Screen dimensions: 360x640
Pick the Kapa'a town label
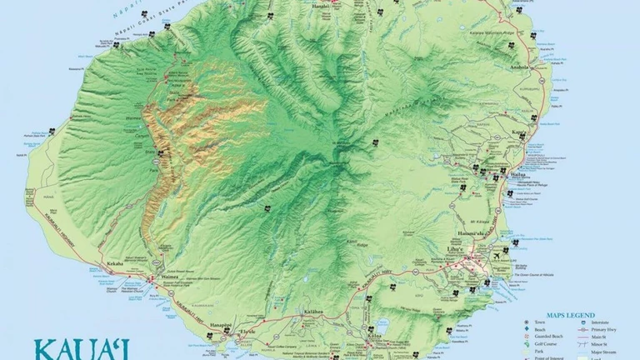tap(519, 132)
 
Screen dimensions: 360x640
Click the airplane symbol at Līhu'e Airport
tap(497, 258)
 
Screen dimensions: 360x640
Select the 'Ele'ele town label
tap(247, 332)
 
